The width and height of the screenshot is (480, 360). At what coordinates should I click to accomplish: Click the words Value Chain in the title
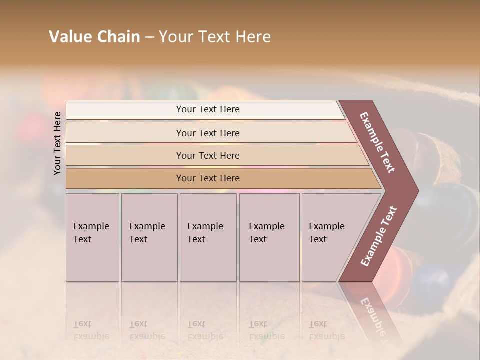click(x=94, y=37)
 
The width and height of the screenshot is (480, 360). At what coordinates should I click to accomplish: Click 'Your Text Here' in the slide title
click(x=215, y=37)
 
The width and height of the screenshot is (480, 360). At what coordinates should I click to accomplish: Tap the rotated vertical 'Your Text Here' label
click(x=57, y=143)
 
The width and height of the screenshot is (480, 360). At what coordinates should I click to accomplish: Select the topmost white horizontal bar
click(x=205, y=110)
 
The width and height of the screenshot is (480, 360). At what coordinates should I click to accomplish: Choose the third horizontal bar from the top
click(x=215, y=155)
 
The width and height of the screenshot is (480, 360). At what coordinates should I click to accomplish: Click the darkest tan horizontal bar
click(x=220, y=178)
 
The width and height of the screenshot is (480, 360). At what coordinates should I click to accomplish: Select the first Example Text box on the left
click(x=92, y=237)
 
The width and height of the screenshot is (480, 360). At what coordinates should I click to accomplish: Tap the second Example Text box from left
click(x=149, y=237)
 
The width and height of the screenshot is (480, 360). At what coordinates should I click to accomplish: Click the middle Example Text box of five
click(x=208, y=237)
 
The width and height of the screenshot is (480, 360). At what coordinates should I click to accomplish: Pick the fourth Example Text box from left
click(x=269, y=237)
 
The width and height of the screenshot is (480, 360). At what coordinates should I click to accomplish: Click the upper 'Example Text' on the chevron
click(x=377, y=142)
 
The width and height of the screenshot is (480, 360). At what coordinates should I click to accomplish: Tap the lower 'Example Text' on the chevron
click(x=379, y=236)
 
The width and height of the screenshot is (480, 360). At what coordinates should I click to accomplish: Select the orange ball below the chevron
click(x=400, y=272)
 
